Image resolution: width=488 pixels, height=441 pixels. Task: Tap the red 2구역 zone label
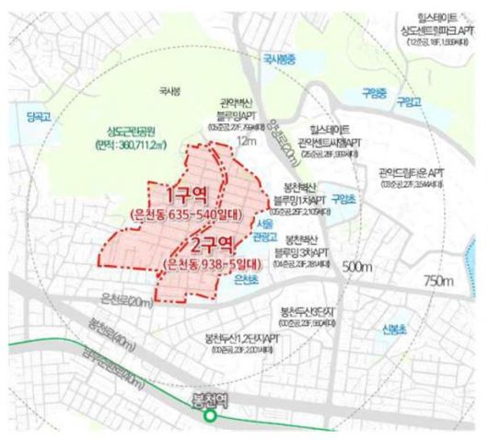pyautogui.click(x=215, y=244)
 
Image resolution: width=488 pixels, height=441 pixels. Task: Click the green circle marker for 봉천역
pyautogui.click(x=211, y=416)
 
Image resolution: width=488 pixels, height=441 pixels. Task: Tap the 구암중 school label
pyautogui.click(x=374, y=93)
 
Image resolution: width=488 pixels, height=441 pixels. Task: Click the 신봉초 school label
pyautogui.click(x=394, y=328)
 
